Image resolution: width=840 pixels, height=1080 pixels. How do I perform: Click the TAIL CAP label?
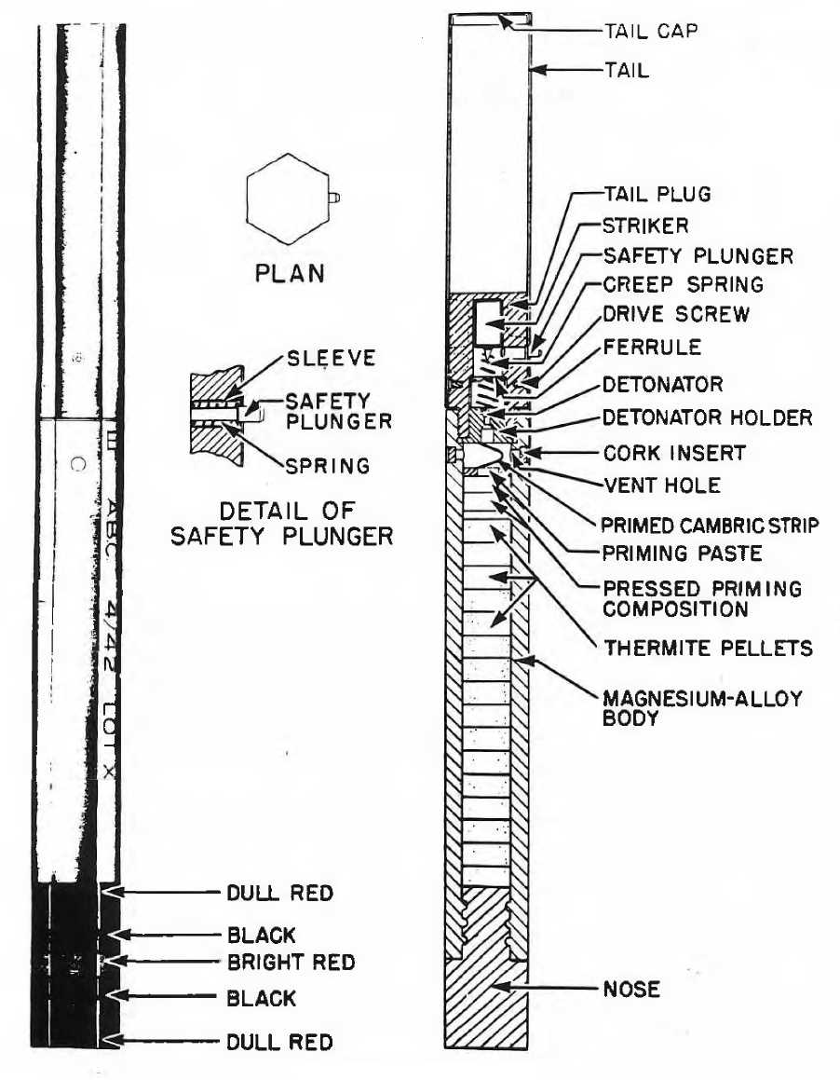coord(651,31)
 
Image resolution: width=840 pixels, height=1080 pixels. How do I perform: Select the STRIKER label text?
coord(645,226)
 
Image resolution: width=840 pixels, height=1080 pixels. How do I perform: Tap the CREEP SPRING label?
coord(683,284)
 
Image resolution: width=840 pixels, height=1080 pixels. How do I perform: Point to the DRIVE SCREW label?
coord(675,314)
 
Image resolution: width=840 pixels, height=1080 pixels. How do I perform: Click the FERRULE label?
coord(652,347)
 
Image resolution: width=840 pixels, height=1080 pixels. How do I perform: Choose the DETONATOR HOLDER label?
coord(707,417)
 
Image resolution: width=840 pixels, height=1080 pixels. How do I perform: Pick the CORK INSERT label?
coord(674,453)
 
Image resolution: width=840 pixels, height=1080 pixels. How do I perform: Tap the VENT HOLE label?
coord(662,485)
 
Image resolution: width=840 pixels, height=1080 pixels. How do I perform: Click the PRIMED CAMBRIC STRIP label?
coord(710,526)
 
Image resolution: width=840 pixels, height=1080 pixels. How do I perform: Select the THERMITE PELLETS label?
coord(708,649)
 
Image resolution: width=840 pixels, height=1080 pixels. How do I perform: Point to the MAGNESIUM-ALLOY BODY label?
coord(702,708)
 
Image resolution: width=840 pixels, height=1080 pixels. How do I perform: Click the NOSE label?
coord(631,989)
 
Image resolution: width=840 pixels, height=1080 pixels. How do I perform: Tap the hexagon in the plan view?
coord(289,198)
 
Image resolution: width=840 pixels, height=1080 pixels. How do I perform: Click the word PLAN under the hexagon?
coord(290,273)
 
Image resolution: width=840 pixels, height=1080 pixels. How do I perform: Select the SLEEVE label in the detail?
coord(332,358)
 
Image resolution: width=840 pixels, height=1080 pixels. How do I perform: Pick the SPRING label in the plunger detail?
coord(328,466)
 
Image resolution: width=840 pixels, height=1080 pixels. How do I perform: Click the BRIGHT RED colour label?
coord(291,963)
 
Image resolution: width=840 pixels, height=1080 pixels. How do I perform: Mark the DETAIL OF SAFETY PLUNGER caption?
coord(282,523)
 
